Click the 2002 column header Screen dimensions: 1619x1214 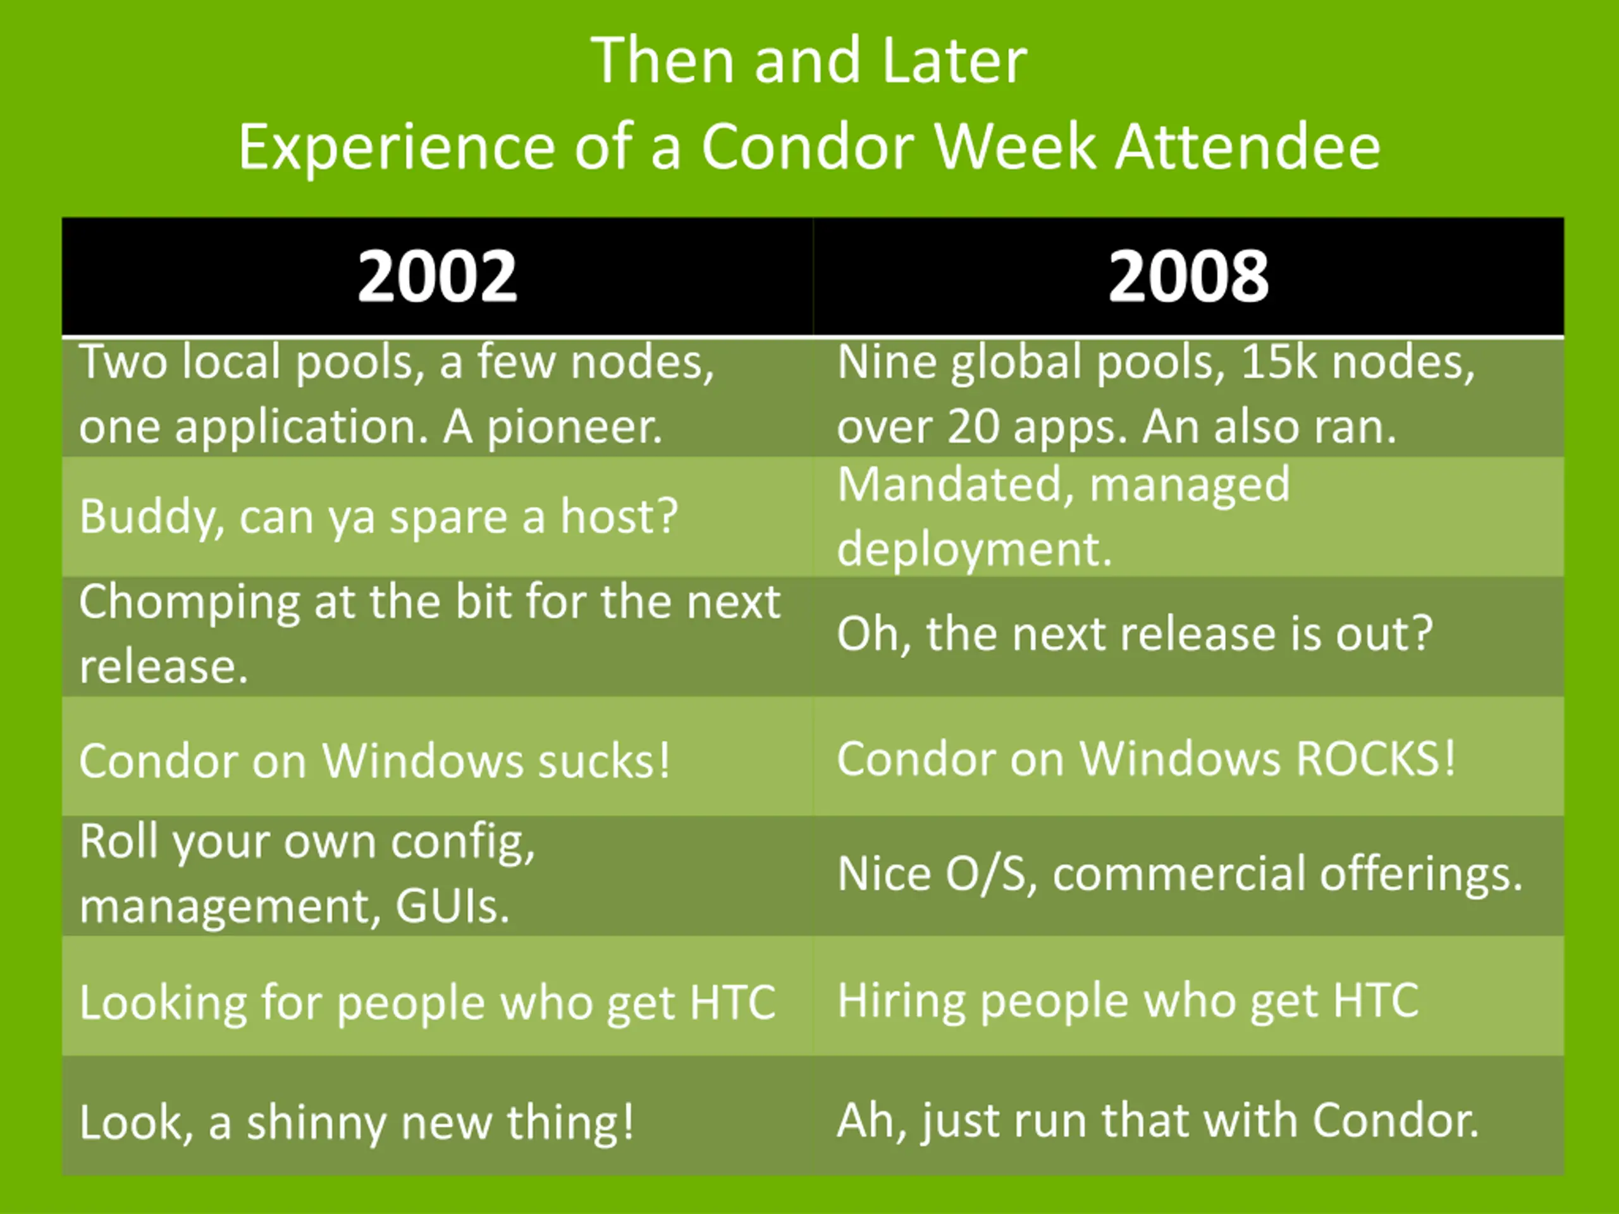(438, 276)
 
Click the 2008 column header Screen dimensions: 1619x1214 (1188, 276)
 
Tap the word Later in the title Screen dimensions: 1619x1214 (954, 61)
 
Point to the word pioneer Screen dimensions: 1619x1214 (574, 428)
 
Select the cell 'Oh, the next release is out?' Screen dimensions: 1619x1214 (1135, 634)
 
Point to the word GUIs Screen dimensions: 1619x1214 (452, 907)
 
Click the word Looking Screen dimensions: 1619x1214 (163, 1003)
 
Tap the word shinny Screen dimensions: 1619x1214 (316, 1123)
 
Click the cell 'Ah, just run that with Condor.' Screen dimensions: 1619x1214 (1158, 1120)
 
